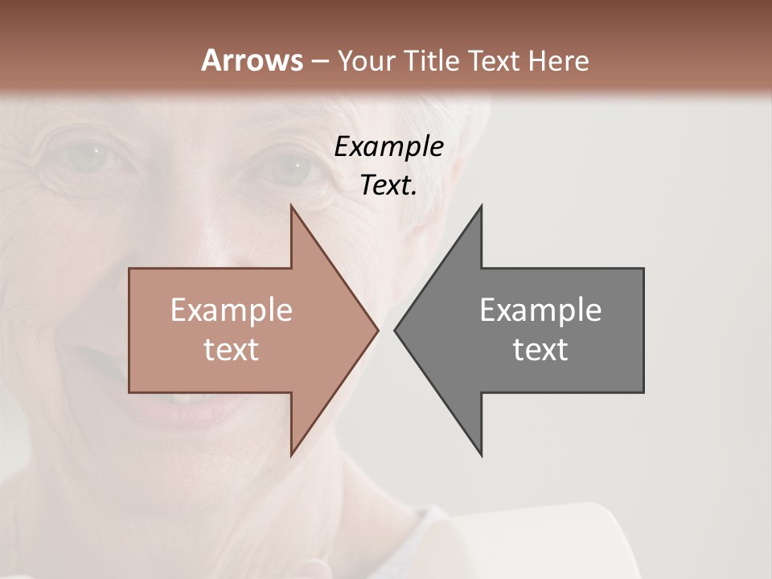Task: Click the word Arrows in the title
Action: [x=252, y=60]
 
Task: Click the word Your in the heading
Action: [x=366, y=60]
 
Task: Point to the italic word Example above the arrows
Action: [x=388, y=147]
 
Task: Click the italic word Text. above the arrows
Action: [x=388, y=186]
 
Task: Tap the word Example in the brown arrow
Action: [x=232, y=310]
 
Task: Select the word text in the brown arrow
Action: [x=232, y=350]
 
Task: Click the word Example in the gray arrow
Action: [x=540, y=310]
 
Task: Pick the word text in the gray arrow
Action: [x=540, y=350]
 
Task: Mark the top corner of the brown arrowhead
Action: [x=291, y=206]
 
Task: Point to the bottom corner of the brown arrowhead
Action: [x=291, y=454]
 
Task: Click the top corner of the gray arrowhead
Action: [x=481, y=206]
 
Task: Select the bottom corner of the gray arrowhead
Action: [x=481, y=454]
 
